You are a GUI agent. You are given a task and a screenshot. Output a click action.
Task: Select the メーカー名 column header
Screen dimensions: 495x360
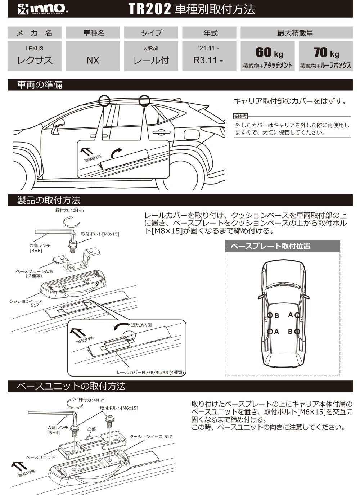tap(35, 33)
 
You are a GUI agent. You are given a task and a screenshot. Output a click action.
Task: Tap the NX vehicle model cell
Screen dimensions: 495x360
tap(93, 60)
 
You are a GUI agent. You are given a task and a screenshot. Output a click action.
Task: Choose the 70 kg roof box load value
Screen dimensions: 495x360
tap(326, 53)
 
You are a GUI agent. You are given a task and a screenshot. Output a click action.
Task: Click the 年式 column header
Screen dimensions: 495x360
tap(210, 33)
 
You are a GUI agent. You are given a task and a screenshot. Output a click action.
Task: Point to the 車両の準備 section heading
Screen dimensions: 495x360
tap(40, 85)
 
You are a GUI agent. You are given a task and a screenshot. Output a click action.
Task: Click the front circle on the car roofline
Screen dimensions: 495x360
tap(104, 100)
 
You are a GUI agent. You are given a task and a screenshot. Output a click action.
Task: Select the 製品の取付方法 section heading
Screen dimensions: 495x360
tap(49, 200)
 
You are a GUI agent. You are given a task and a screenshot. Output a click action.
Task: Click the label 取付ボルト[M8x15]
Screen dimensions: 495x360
tap(100, 234)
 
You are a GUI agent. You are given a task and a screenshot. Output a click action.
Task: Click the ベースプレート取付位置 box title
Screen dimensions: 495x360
tap(270, 246)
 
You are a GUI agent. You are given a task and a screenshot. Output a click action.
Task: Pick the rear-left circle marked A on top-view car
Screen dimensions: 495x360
tap(270, 332)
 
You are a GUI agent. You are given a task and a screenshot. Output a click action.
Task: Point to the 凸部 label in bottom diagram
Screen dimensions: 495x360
tap(92, 429)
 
